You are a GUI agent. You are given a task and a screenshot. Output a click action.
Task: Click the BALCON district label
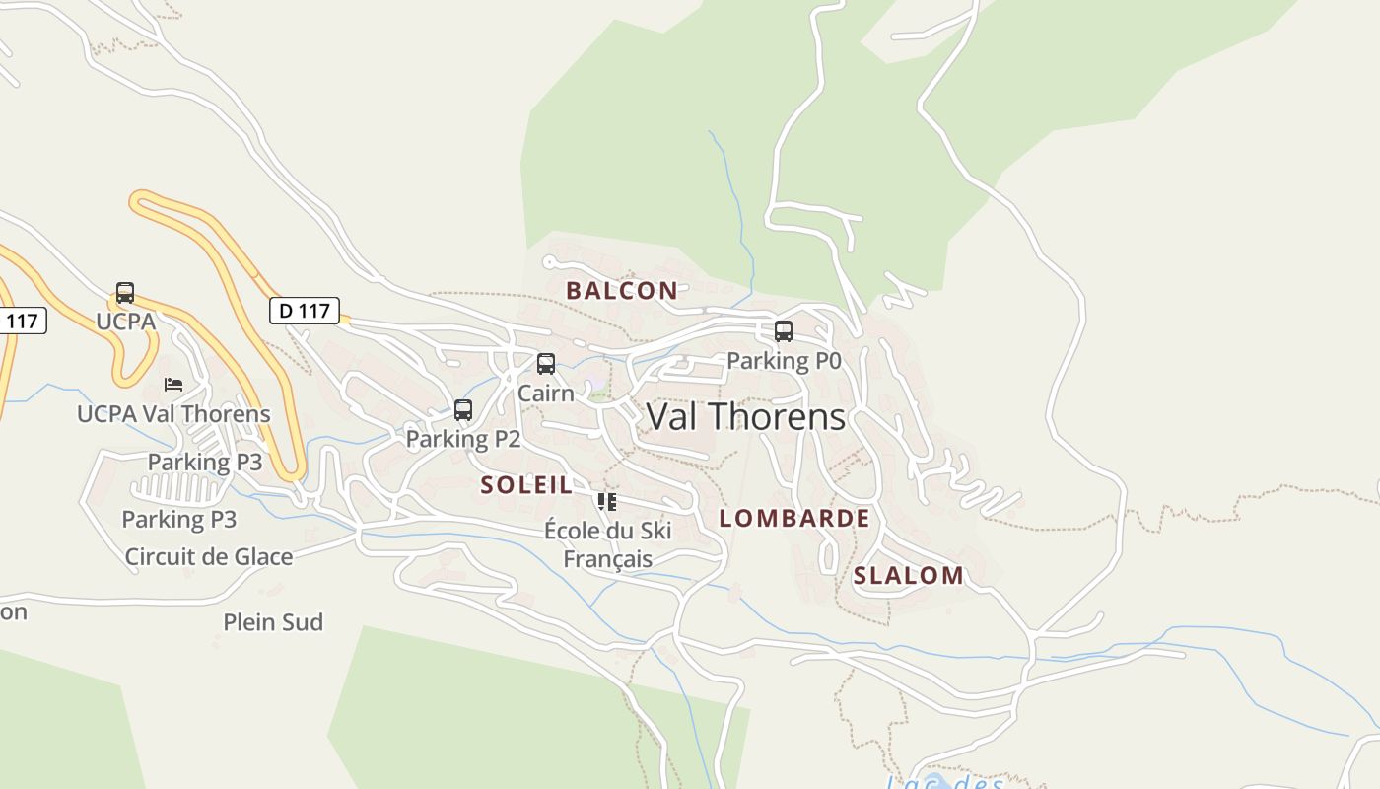click(x=621, y=291)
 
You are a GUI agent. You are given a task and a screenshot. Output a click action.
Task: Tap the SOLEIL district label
click(x=526, y=485)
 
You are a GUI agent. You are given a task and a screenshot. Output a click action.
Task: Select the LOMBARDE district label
click(x=793, y=519)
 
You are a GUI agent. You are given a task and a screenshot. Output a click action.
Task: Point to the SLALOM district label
click(x=908, y=576)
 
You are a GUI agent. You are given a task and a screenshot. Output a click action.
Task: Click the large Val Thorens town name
click(x=745, y=417)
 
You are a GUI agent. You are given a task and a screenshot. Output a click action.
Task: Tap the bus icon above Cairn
click(x=546, y=364)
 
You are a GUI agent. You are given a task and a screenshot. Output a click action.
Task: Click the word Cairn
click(x=546, y=394)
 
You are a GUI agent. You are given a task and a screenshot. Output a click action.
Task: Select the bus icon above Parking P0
click(x=784, y=331)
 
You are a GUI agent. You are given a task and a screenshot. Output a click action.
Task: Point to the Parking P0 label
click(x=784, y=361)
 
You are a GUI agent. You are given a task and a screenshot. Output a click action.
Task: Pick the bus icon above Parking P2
click(x=463, y=410)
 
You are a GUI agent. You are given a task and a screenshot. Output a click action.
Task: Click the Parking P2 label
click(x=463, y=439)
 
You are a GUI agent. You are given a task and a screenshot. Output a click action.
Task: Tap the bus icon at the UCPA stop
click(x=125, y=293)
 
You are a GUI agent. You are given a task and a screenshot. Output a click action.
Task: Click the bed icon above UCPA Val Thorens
click(x=173, y=384)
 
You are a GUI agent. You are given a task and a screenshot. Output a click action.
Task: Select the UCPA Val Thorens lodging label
click(x=173, y=413)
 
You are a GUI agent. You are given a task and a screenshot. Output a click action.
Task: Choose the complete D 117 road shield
click(x=305, y=311)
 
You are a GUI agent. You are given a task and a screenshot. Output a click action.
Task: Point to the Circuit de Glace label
click(x=209, y=556)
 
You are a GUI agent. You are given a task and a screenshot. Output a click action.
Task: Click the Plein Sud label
click(x=273, y=622)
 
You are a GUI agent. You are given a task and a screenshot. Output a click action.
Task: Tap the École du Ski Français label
click(x=607, y=544)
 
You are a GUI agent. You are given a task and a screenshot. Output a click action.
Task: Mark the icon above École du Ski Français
click(x=607, y=502)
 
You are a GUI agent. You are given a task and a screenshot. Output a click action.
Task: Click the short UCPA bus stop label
click(x=125, y=322)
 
